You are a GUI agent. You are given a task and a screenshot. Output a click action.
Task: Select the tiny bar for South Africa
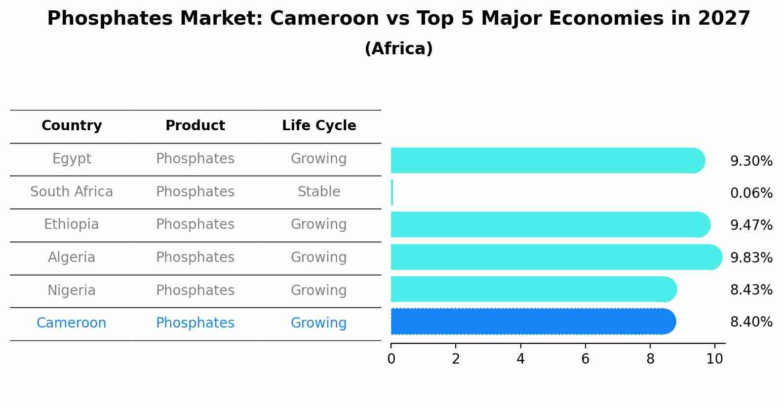pyautogui.click(x=392, y=192)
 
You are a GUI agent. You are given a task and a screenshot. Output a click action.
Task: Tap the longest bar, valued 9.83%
pyautogui.click(x=556, y=257)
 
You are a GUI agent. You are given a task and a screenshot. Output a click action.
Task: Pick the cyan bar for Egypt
pyautogui.click(x=547, y=160)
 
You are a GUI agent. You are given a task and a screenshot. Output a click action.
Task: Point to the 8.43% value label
pyautogui.click(x=751, y=290)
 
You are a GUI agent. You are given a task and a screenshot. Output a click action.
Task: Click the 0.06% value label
pyautogui.click(x=751, y=193)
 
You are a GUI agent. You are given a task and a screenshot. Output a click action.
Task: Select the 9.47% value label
pyautogui.click(x=751, y=225)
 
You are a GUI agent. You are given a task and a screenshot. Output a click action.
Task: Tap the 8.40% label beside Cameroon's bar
pyautogui.click(x=751, y=322)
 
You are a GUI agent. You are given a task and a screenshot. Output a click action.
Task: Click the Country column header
pyautogui.click(x=72, y=126)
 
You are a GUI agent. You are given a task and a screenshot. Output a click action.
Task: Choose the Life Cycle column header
pyautogui.click(x=319, y=126)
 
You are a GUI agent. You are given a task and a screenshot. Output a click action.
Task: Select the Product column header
pyautogui.click(x=195, y=126)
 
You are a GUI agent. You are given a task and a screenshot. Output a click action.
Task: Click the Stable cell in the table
pyautogui.click(x=319, y=192)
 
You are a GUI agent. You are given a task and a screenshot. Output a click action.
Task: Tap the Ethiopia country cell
pyautogui.click(x=72, y=224)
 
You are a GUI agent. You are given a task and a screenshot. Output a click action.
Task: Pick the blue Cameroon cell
pyautogui.click(x=72, y=323)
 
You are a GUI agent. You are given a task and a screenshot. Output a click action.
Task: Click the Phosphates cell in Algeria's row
pyautogui.click(x=195, y=258)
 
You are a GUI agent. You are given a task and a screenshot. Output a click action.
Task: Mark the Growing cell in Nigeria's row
pyautogui.click(x=319, y=291)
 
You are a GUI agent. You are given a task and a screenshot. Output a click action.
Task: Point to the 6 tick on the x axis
pyautogui.click(x=585, y=359)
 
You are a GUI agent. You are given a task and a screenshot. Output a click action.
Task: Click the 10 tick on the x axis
pyautogui.click(x=714, y=359)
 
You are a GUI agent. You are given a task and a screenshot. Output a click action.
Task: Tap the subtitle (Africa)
pyautogui.click(x=398, y=49)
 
